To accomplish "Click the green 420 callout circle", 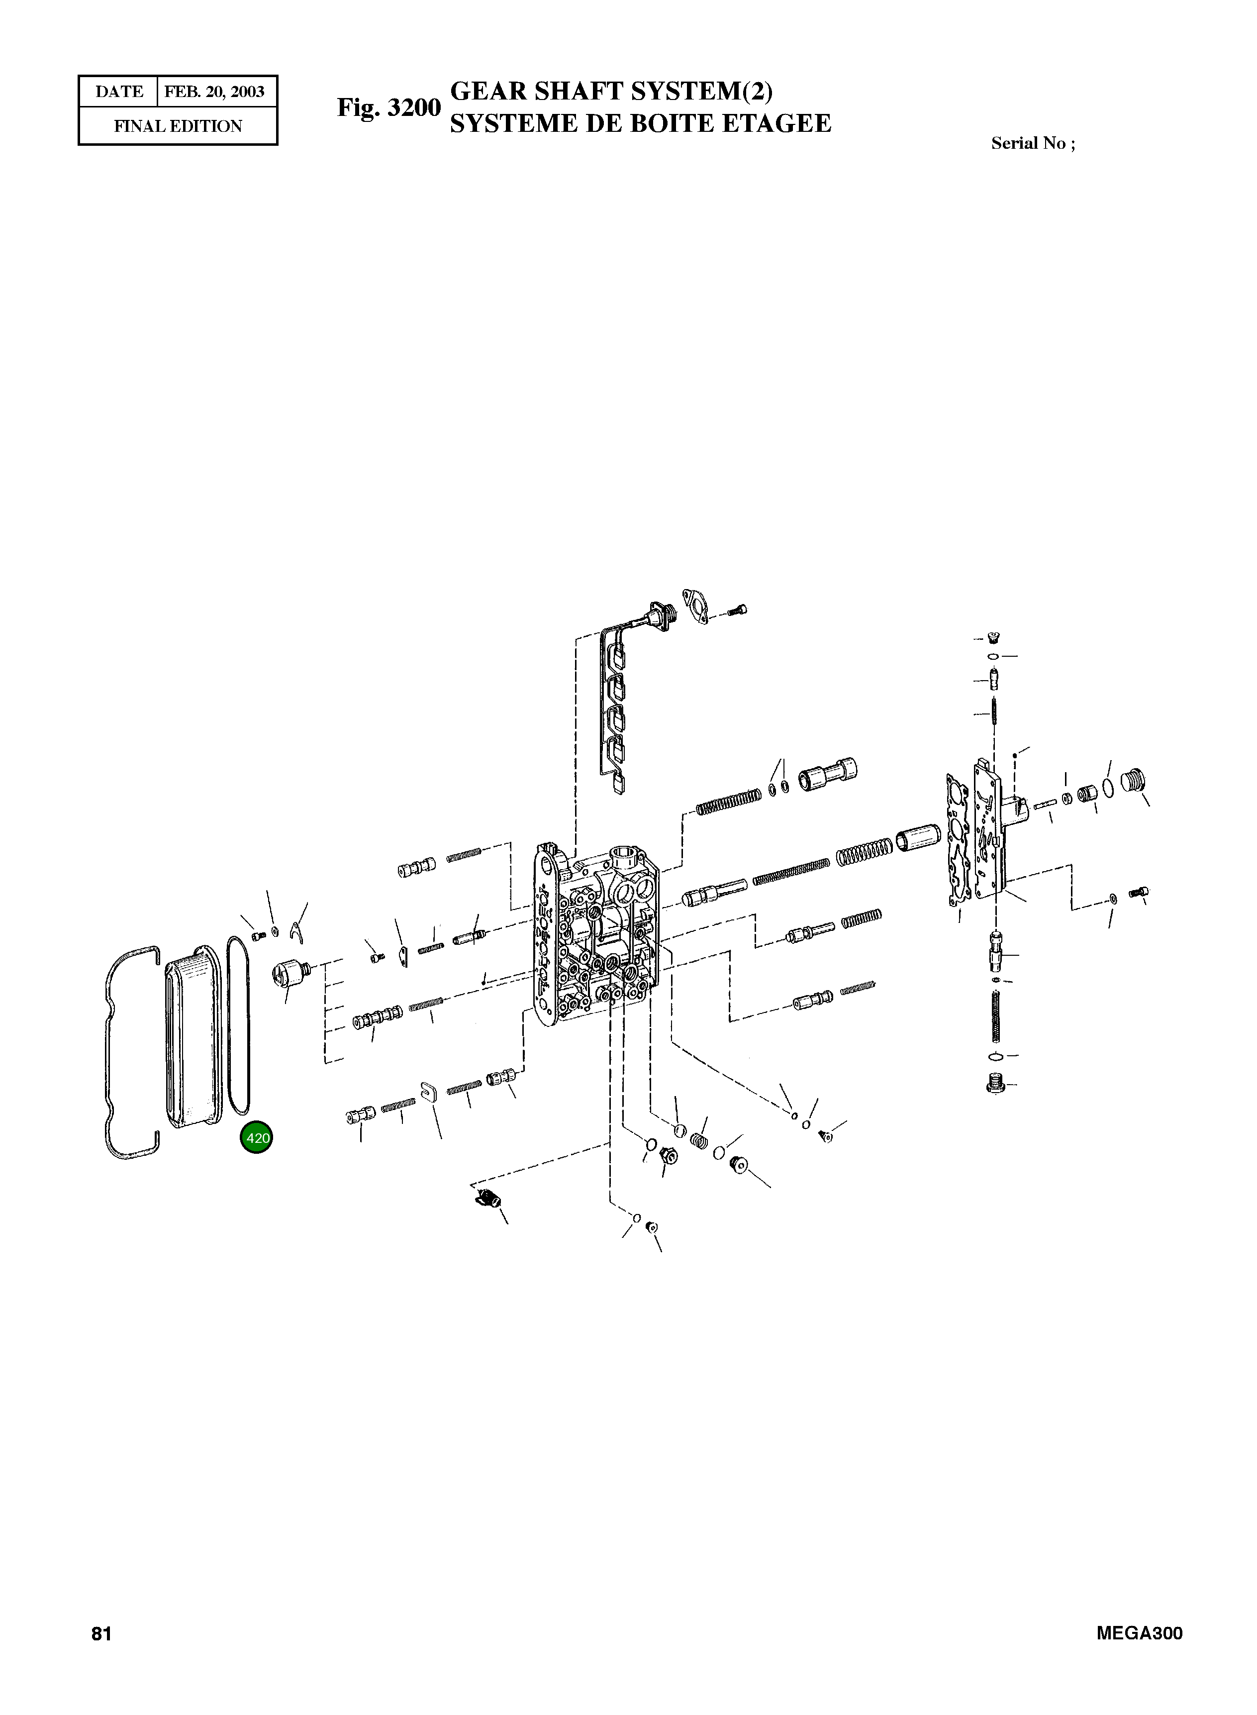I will tap(256, 1138).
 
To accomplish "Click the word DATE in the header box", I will tap(119, 92).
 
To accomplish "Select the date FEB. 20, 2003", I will tap(214, 92).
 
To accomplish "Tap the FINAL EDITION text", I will tap(178, 126).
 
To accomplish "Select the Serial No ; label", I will tap(1033, 144).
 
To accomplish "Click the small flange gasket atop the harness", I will tap(696, 605).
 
